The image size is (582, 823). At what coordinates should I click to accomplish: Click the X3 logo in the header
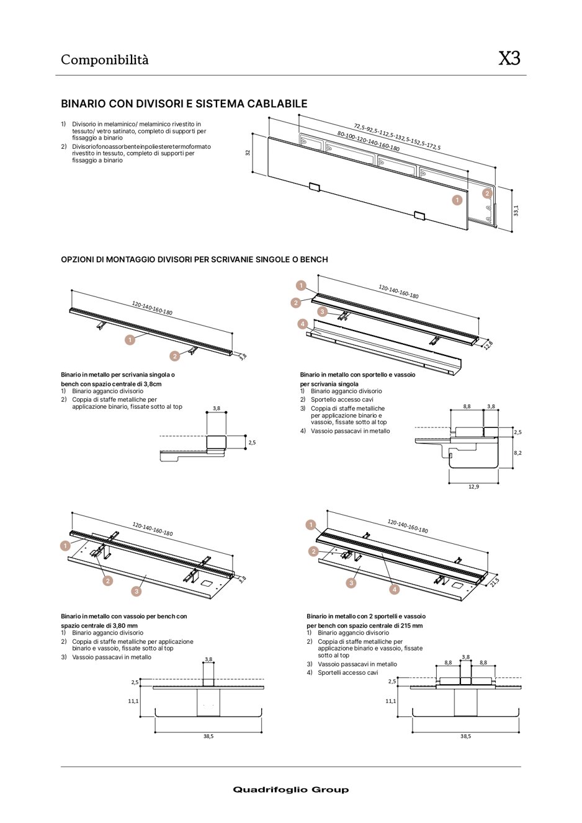[x=509, y=59]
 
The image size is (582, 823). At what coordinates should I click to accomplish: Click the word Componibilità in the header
[x=104, y=60]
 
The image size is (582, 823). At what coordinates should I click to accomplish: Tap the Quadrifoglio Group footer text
[x=290, y=790]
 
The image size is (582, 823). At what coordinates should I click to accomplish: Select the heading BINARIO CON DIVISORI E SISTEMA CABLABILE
[x=184, y=104]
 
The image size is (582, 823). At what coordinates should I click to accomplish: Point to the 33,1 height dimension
[x=516, y=211]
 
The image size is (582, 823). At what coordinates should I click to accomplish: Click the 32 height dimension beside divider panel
[x=248, y=153]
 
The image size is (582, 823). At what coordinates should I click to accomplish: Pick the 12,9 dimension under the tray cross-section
[x=473, y=487]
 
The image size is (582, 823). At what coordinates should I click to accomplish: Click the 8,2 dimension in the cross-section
[x=517, y=453]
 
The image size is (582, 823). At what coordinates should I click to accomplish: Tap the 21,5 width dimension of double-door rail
[x=495, y=581]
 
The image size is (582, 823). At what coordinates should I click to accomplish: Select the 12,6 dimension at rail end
[x=488, y=345]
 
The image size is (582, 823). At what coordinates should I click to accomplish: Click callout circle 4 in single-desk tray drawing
[x=302, y=324]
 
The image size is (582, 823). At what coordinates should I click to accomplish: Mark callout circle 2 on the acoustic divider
[x=487, y=193]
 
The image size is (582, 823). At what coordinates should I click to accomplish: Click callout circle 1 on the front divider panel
[x=457, y=200]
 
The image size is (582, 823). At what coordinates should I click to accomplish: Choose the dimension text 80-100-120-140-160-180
[x=368, y=141]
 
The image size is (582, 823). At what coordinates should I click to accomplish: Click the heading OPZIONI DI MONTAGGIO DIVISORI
[x=194, y=259]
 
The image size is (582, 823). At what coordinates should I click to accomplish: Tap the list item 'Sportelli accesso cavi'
[x=347, y=672]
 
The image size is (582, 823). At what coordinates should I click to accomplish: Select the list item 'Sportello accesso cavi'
[x=342, y=399]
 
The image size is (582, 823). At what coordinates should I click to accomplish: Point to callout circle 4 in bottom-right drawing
[x=394, y=589]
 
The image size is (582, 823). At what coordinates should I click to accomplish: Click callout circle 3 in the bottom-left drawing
[x=137, y=591]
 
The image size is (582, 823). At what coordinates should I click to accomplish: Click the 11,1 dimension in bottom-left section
[x=133, y=701]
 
